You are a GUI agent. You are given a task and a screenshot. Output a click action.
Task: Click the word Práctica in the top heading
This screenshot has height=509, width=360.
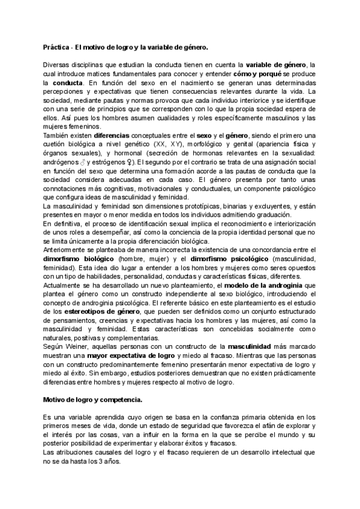(56, 46)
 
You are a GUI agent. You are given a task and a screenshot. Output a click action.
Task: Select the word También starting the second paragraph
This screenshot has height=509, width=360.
(58, 136)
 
